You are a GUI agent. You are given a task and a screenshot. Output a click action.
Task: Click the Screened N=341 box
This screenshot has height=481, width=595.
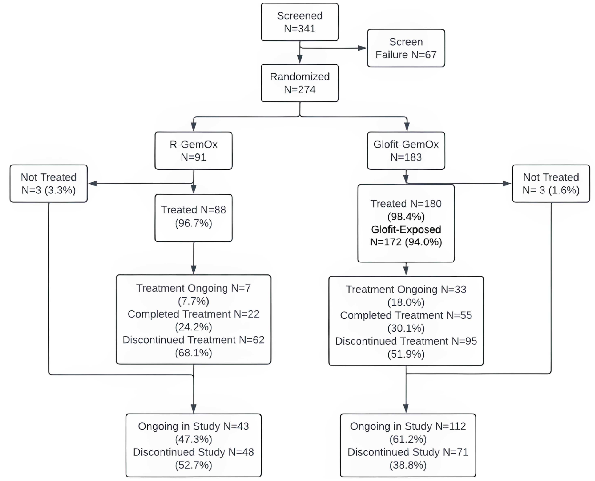point(300,22)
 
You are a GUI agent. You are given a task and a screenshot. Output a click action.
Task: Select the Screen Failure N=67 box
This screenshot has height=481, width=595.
point(406,48)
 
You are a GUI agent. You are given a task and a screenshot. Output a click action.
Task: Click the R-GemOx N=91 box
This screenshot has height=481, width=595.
point(193,150)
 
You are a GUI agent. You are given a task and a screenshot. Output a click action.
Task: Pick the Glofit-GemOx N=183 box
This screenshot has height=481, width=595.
point(406,150)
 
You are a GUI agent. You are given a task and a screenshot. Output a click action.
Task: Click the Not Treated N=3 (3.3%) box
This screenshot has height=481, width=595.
point(49,183)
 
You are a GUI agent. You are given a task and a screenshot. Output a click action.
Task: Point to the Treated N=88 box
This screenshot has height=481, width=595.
point(193,218)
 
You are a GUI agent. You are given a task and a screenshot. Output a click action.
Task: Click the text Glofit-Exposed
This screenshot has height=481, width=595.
point(406,229)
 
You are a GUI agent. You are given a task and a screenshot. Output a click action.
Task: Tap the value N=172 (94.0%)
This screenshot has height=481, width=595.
point(406,242)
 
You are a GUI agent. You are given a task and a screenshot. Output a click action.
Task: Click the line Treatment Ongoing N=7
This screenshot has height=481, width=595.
point(193,288)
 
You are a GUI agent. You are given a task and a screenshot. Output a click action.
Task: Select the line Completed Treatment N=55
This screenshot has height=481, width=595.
point(406,315)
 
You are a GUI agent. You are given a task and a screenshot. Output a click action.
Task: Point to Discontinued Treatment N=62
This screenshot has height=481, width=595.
point(193,340)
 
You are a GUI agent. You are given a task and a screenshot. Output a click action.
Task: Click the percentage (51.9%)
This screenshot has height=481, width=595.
point(406,354)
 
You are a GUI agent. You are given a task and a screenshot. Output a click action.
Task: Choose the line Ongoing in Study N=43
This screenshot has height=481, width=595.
point(193,426)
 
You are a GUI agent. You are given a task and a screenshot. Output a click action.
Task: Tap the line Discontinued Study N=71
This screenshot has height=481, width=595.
point(408,452)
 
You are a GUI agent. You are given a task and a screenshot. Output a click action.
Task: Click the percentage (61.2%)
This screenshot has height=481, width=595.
point(408,439)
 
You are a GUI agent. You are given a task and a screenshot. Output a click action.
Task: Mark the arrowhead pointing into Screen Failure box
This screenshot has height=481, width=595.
point(362,48)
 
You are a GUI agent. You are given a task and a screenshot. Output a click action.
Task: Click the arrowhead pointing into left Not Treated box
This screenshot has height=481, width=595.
point(92,183)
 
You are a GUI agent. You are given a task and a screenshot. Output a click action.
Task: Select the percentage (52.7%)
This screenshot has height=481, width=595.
point(193,465)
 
